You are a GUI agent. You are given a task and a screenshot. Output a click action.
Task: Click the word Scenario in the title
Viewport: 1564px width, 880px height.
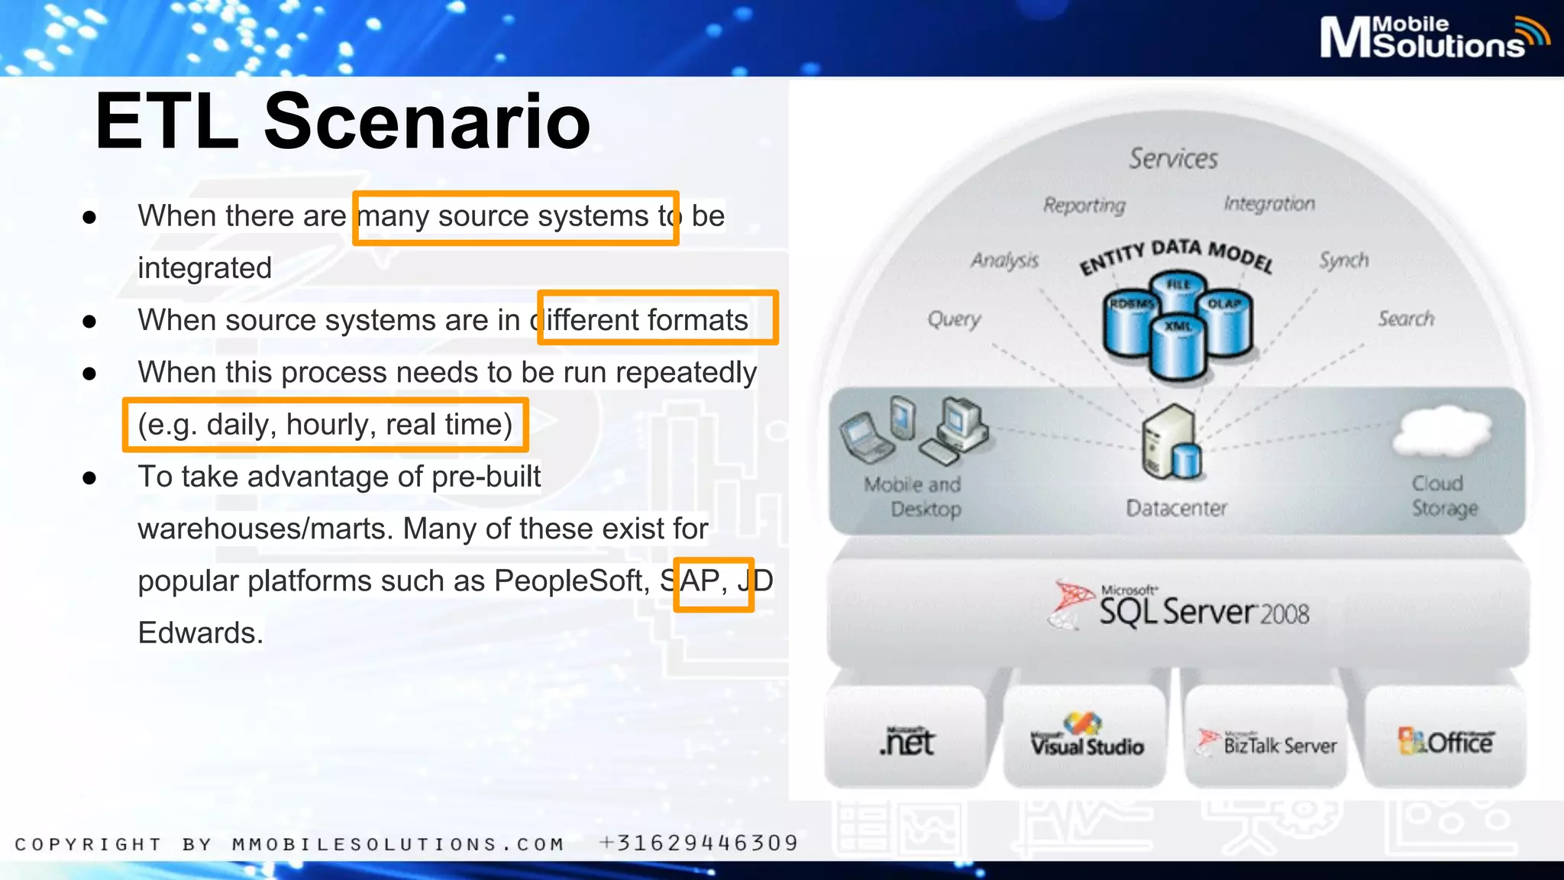coord(427,121)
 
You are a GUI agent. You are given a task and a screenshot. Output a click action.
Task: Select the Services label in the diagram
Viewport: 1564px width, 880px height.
coord(1173,159)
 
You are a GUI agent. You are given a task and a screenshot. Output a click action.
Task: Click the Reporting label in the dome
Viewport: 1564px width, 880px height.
coord(1084,205)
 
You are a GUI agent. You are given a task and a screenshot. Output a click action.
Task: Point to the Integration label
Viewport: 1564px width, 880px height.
coord(1269,203)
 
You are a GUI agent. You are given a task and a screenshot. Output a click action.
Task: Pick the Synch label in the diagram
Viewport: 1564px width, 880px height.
coord(1344,260)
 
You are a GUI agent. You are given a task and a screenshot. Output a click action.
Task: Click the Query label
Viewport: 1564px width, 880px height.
coord(955,318)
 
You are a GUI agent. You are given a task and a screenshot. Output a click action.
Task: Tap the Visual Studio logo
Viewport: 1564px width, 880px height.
coord(1087,736)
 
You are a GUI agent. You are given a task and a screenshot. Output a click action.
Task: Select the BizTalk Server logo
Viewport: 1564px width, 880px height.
coord(1268,742)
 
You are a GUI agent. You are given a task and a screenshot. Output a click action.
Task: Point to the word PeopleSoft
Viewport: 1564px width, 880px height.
coord(570,581)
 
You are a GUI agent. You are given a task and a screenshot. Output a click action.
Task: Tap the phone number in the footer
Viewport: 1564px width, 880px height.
coord(700,843)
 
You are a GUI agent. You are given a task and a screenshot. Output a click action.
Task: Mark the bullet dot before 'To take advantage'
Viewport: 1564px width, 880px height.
coord(89,478)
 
